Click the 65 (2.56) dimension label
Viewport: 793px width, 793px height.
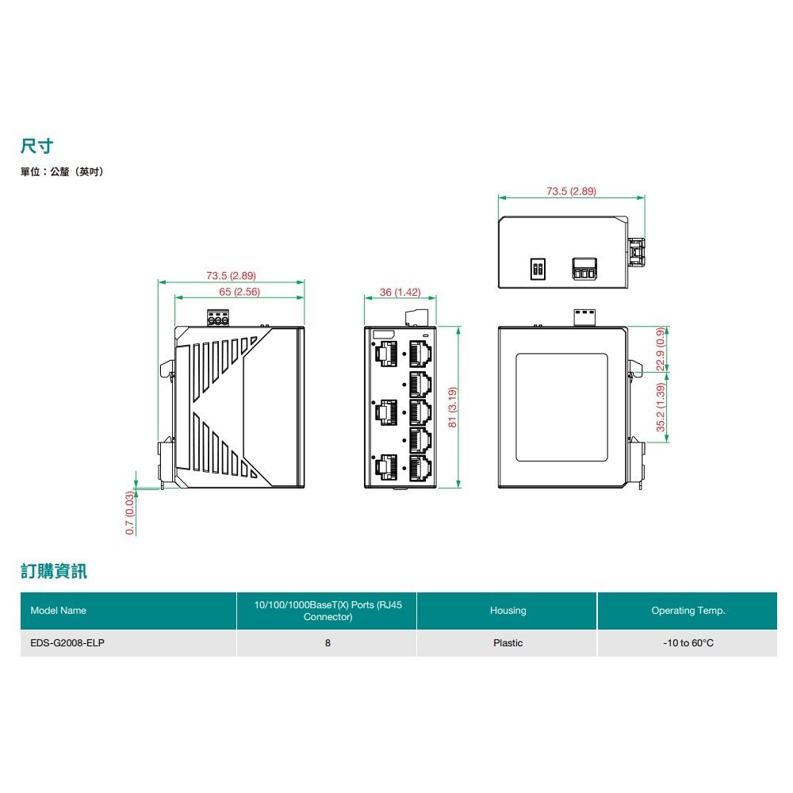tap(239, 292)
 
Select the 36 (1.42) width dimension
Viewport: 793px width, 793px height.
tap(400, 293)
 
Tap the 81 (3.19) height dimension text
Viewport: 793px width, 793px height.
tap(453, 407)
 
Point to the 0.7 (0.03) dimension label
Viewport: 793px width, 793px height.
tap(130, 513)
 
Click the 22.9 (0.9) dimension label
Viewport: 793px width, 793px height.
tap(661, 349)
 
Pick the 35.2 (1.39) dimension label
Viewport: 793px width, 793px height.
tap(661, 408)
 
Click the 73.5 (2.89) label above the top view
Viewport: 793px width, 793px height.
tap(571, 191)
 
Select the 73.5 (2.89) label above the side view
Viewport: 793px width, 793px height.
tap(231, 276)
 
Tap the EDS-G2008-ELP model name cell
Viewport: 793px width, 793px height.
tap(67, 643)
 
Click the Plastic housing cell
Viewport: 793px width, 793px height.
tap(508, 643)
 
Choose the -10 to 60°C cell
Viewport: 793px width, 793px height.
tap(688, 643)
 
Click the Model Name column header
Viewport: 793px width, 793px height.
tap(58, 611)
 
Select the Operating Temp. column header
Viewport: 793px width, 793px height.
tap(688, 611)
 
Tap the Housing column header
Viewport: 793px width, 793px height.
tap(508, 611)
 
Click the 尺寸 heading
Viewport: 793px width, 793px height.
tap(37, 146)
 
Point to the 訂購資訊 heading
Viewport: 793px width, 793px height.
tap(54, 571)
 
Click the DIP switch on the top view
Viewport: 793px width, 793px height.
tap(538, 269)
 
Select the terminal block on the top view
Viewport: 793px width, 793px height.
tap(584, 269)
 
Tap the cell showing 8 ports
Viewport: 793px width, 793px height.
tap(328, 643)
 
